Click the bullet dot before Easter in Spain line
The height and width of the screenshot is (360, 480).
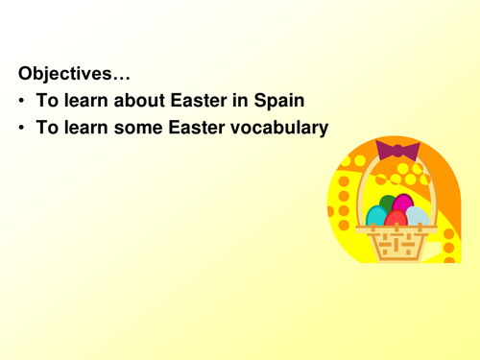(x=21, y=100)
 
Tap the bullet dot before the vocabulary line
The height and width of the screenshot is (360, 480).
(x=21, y=128)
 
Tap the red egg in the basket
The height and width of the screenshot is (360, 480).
(x=396, y=219)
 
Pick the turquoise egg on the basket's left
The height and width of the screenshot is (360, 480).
(x=376, y=216)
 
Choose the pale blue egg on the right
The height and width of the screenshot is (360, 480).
(x=417, y=216)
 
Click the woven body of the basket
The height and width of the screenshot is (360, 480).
(x=396, y=244)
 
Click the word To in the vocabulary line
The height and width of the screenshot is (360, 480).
(x=46, y=128)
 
